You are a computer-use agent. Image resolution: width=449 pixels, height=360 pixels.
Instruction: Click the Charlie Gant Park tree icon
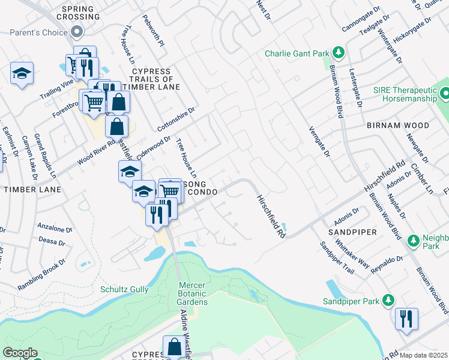(338, 53)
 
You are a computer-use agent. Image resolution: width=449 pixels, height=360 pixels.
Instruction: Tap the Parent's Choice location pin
(76, 31)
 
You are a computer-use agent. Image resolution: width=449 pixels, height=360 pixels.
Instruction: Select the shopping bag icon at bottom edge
(174, 347)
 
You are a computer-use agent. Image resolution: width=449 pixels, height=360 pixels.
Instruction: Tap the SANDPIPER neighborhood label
(352, 231)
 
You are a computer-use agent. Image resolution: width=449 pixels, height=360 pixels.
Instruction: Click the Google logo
(20, 353)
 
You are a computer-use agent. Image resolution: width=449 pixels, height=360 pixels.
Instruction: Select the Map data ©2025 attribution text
(423, 355)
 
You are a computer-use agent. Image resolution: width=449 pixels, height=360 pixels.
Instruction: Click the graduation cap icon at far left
(22, 74)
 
